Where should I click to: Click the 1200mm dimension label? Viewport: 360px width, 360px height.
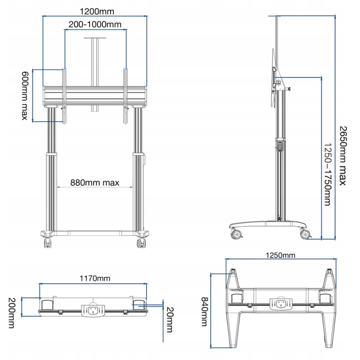click(x=97, y=12)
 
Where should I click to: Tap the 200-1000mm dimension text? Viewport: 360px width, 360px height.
click(x=95, y=24)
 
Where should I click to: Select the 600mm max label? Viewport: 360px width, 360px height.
click(x=24, y=96)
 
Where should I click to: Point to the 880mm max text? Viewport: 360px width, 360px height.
click(x=95, y=183)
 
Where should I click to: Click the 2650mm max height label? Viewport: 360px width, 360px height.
click(x=343, y=156)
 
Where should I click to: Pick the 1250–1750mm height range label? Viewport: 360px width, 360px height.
click(x=328, y=175)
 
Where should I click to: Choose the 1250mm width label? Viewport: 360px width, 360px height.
click(x=280, y=255)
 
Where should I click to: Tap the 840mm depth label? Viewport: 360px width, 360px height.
click(x=204, y=312)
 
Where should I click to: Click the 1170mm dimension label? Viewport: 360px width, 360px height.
click(x=95, y=278)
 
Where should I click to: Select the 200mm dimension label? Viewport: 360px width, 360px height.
click(x=12, y=313)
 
